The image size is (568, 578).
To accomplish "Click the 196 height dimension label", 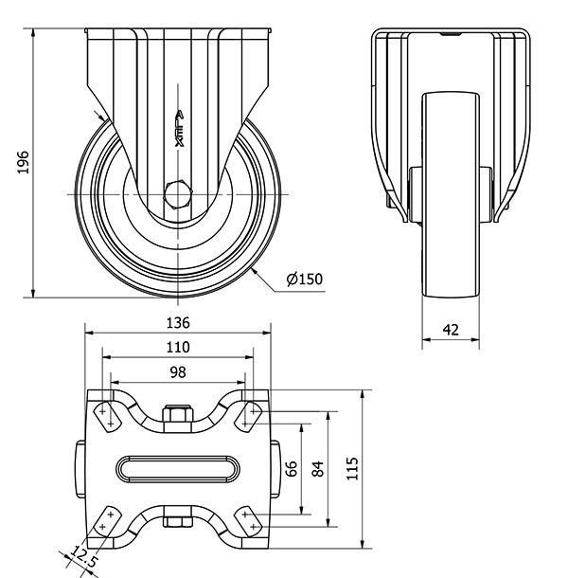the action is [23, 162].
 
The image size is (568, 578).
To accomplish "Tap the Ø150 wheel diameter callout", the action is [304, 279].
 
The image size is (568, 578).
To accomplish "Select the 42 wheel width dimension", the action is [451, 330].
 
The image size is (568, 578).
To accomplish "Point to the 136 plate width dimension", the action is [178, 323].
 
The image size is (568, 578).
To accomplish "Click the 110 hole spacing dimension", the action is [178, 347].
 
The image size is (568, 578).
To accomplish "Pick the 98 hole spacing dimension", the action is [178, 372].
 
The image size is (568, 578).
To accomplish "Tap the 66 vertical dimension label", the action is [292, 468].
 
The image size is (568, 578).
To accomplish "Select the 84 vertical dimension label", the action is [317, 468].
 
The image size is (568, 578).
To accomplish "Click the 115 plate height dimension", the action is [352, 468].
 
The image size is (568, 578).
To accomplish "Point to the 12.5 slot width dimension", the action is [83, 556].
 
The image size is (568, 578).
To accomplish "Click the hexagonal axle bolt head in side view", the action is [178, 194].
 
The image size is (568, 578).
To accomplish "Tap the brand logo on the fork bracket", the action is [179, 128].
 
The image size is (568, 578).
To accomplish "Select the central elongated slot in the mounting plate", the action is [178, 469].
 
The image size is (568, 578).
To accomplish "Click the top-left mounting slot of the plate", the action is [108, 417].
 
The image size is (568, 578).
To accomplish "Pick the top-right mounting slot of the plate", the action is [249, 417].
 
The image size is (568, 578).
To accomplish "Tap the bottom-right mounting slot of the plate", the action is [249, 521].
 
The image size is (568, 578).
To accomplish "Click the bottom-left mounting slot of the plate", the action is [107, 521].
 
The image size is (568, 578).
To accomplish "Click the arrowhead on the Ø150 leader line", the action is [256, 272].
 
